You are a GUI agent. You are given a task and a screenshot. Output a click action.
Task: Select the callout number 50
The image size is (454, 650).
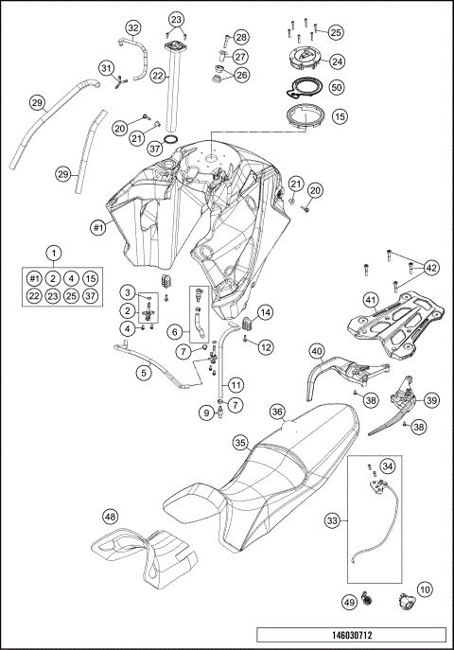tap(338, 86)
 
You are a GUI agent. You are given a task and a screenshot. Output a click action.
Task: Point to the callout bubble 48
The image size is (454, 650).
tap(111, 517)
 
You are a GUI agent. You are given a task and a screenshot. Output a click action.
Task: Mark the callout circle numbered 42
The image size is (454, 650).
tap(431, 267)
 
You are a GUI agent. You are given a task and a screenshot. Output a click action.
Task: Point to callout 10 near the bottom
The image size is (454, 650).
tap(427, 589)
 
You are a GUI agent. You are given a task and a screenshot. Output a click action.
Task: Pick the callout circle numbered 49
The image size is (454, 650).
tap(348, 600)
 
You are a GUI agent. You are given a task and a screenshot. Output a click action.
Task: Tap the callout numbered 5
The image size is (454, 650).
tap(143, 374)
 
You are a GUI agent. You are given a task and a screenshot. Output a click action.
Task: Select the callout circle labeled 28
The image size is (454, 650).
tap(241, 37)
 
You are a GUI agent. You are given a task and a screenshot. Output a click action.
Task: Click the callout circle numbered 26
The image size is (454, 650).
tap(241, 75)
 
